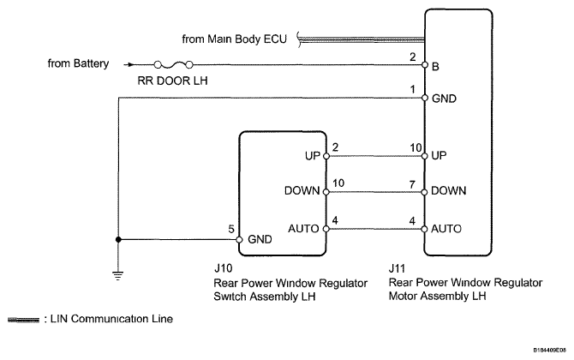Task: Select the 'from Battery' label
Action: tap(76, 63)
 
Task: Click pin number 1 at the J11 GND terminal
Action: tap(413, 89)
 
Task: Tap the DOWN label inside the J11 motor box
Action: tap(450, 192)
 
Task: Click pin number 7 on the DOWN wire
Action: tap(413, 183)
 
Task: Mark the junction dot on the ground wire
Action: tap(117, 239)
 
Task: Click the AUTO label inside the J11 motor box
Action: tap(448, 230)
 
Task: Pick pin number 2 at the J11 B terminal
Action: tap(413, 57)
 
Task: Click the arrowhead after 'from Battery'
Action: tap(129, 63)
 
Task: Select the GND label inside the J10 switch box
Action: tap(260, 240)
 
